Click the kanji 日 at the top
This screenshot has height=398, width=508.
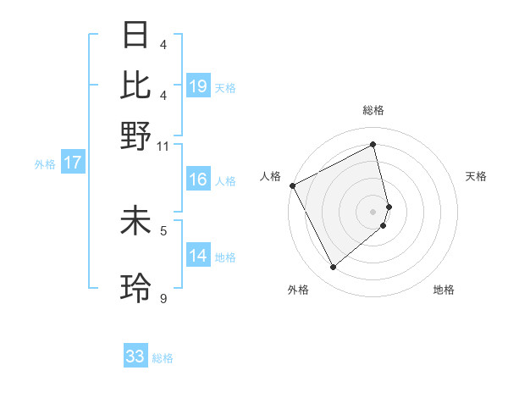tap(136, 36)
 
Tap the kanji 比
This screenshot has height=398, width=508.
tap(136, 86)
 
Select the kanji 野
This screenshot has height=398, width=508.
tap(136, 135)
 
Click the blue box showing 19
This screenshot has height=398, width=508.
tap(198, 86)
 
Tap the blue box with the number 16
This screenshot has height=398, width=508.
tap(198, 180)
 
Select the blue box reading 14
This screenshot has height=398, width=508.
tap(198, 256)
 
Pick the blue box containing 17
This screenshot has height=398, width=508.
tap(72, 163)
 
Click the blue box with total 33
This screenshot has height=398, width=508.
tap(135, 357)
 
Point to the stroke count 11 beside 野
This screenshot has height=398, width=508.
tap(163, 146)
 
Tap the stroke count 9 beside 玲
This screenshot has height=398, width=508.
tap(163, 298)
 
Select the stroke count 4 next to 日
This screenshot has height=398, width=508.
tap(163, 44)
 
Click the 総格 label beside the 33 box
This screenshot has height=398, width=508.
tap(163, 358)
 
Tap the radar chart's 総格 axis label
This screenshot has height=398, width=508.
tap(373, 110)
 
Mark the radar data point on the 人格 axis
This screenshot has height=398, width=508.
tap(292, 185)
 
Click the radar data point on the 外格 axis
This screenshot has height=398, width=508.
tap(333, 268)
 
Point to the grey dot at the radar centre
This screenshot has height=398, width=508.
tap(373, 211)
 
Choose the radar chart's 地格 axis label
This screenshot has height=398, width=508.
tap(444, 290)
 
